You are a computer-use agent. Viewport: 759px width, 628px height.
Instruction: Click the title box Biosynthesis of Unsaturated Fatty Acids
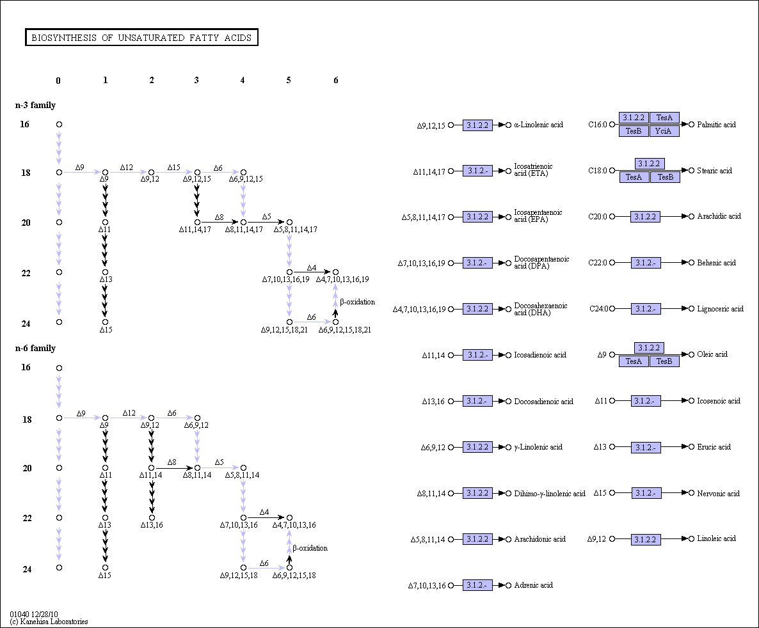141,37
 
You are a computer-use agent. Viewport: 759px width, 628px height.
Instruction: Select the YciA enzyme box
664,131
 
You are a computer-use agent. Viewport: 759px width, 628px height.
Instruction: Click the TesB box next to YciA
634,131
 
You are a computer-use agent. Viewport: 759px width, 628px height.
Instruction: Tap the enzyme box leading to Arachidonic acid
477,539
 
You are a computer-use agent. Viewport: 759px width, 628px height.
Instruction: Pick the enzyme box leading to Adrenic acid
477,585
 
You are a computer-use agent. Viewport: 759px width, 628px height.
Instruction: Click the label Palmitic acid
716,125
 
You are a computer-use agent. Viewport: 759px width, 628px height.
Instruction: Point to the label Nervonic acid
718,494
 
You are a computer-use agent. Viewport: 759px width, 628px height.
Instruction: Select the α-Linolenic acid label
539,125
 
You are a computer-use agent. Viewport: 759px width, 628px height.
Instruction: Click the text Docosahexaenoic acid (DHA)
541,309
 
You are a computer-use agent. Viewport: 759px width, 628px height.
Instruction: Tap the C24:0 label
599,309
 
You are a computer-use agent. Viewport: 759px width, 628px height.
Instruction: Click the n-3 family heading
35,105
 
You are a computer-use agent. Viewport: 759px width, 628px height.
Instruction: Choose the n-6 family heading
35,348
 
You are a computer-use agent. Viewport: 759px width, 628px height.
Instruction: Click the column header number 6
336,81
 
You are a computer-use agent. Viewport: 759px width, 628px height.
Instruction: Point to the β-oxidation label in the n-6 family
310,548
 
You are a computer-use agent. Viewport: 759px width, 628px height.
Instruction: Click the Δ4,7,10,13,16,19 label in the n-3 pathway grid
342,279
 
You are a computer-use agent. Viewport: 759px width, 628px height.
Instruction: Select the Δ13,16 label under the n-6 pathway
152,525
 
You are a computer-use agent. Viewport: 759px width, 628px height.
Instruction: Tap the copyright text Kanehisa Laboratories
49,622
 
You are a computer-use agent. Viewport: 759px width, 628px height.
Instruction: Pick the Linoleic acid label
716,538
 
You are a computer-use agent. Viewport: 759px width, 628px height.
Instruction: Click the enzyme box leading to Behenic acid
646,263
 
